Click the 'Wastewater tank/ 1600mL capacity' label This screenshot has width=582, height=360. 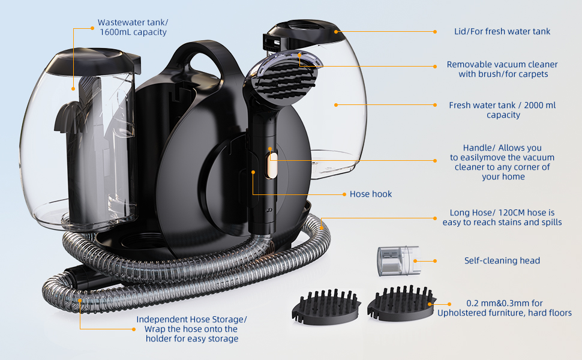tap(132, 28)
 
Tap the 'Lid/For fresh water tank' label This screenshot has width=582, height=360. tap(502, 31)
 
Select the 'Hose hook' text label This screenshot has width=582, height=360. tap(371, 194)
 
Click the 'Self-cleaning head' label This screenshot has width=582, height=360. tap(502, 260)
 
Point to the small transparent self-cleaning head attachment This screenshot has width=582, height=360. tap(394, 260)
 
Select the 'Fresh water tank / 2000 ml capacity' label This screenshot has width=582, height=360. tap(502, 110)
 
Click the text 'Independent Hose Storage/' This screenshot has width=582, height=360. tap(191, 319)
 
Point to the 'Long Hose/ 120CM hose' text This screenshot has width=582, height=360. tap(502, 212)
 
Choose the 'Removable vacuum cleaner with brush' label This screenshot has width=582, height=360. tap(502, 69)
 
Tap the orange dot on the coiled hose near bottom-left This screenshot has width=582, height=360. tap(79, 299)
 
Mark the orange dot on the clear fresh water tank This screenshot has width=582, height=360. tap(335, 104)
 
